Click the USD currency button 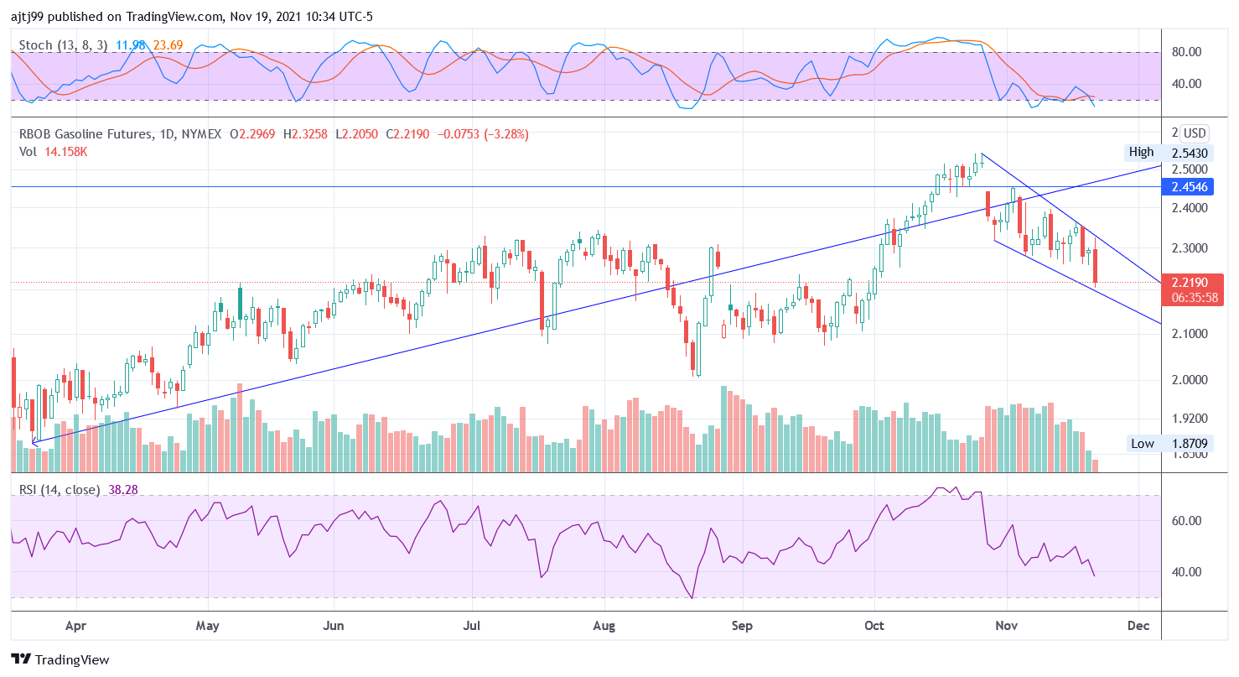pos(1194,133)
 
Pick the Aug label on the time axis pos(604,626)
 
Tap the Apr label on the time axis pos(75,626)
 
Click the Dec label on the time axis pos(1138,626)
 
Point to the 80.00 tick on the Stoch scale pos(1186,52)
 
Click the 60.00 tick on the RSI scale pos(1186,521)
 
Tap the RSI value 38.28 pos(123,489)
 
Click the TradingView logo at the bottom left pos(60,659)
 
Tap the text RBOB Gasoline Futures pos(86,133)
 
